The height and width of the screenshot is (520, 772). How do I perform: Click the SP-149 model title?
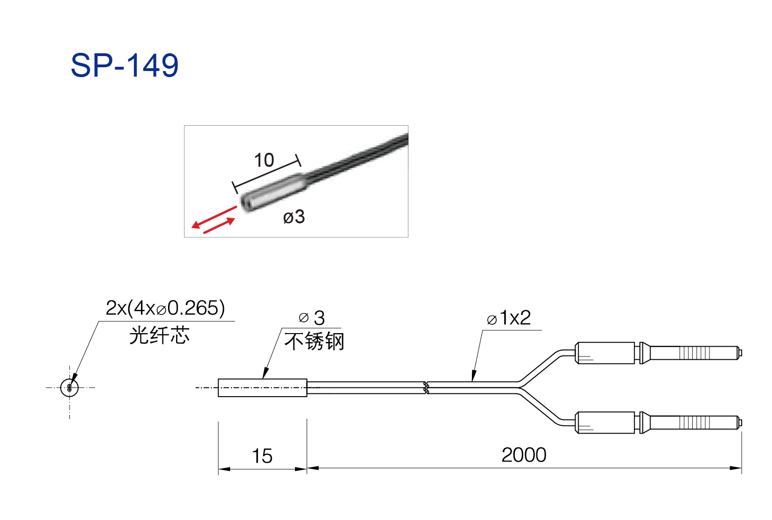coord(125,65)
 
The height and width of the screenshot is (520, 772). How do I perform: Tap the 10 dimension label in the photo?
coord(264,160)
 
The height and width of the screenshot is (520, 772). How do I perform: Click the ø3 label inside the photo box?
coord(294,217)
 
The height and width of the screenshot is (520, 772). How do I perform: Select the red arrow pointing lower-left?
coord(214,217)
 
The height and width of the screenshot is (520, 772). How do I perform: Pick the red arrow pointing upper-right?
coord(219,226)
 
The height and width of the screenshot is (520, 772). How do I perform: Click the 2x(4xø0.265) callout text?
coord(165,308)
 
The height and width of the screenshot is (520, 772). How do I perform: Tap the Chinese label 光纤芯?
coord(159,335)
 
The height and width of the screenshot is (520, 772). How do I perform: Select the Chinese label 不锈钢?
coord(314,342)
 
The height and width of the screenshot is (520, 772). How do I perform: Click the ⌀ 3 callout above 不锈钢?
coord(312,318)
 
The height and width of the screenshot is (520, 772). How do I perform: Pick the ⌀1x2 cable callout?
coord(509,318)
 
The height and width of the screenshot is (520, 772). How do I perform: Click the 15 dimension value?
coord(262,456)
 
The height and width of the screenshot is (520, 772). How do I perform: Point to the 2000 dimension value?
coord(524,455)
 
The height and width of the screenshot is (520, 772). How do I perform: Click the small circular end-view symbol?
coord(69,388)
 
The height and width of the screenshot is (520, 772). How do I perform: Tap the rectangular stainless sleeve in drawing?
coord(262,388)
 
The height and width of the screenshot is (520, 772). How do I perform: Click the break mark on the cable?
coord(426,388)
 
